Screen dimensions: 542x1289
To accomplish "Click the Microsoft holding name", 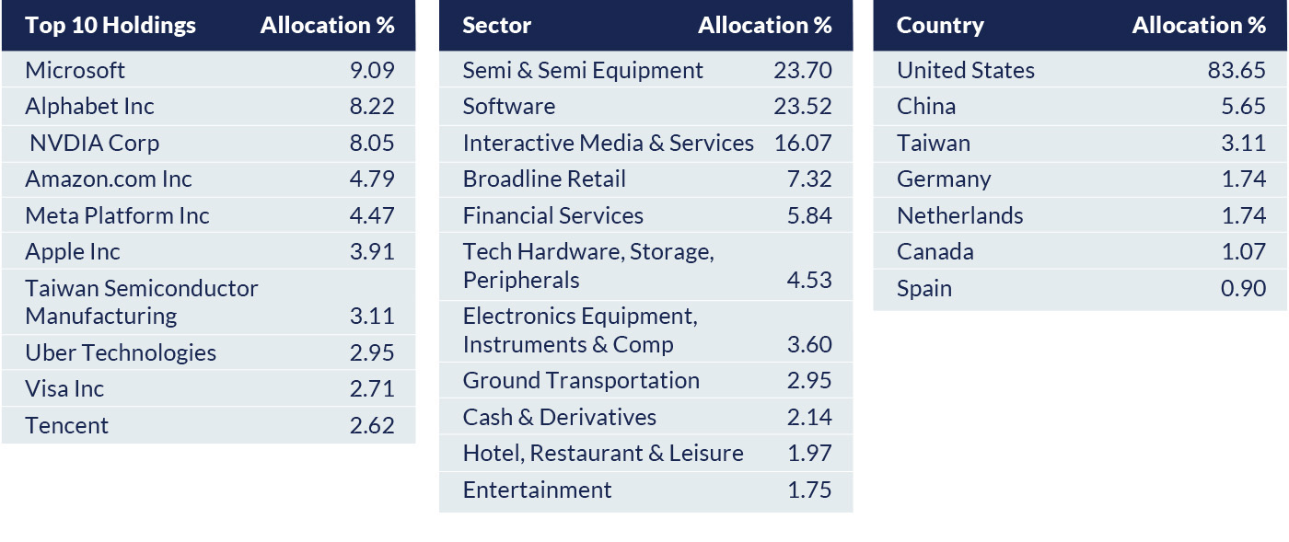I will coord(75,70).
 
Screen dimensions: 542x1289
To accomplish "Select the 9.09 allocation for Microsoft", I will coord(372,70).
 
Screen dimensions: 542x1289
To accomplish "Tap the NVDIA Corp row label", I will coord(94,143).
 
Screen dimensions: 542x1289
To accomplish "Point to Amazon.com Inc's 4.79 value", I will coord(372,179).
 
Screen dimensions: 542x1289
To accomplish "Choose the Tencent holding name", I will coord(66,425).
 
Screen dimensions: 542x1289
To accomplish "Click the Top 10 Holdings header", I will coord(110,25).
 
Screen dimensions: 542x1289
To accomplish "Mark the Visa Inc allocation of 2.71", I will coord(372,388).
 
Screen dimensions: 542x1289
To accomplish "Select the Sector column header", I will coord(497,25).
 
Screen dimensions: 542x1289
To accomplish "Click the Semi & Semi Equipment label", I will coord(583,70).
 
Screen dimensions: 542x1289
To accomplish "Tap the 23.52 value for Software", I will coord(803,106).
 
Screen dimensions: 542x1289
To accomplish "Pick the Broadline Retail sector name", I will coord(544,179).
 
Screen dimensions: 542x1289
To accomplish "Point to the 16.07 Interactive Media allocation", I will coord(803,143).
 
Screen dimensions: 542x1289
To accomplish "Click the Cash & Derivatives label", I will coord(560,417).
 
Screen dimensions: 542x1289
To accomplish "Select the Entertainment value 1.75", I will coord(809,490).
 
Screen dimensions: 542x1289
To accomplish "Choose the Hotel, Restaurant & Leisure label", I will coord(603,453).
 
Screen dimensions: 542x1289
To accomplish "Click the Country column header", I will coord(940,25).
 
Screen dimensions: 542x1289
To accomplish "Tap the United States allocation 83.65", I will coord(1237,70).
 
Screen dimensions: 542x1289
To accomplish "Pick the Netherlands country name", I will coord(960,215).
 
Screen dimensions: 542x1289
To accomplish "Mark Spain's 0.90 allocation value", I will coord(1243,288).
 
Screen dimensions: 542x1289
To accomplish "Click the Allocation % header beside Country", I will coord(1199,25).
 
